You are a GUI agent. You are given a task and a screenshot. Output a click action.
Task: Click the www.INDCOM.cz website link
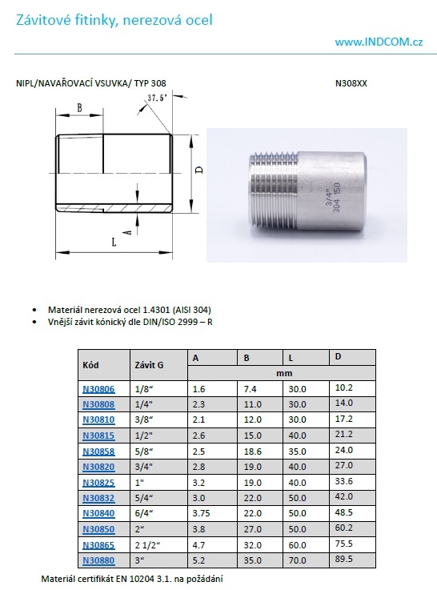(x=379, y=42)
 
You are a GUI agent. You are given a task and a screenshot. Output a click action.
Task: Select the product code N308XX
(x=351, y=83)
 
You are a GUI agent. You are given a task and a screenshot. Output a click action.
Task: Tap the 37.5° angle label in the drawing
(x=156, y=98)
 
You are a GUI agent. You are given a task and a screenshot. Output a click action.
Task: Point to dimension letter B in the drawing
(x=79, y=107)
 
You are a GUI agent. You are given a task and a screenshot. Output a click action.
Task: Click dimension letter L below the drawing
(x=114, y=241)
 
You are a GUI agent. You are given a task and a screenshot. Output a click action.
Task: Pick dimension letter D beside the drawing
(x=200, y=170)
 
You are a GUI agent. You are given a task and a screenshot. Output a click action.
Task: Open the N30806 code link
(x=98, y=389)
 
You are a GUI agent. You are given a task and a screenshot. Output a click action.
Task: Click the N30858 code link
(x=98, y=452)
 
